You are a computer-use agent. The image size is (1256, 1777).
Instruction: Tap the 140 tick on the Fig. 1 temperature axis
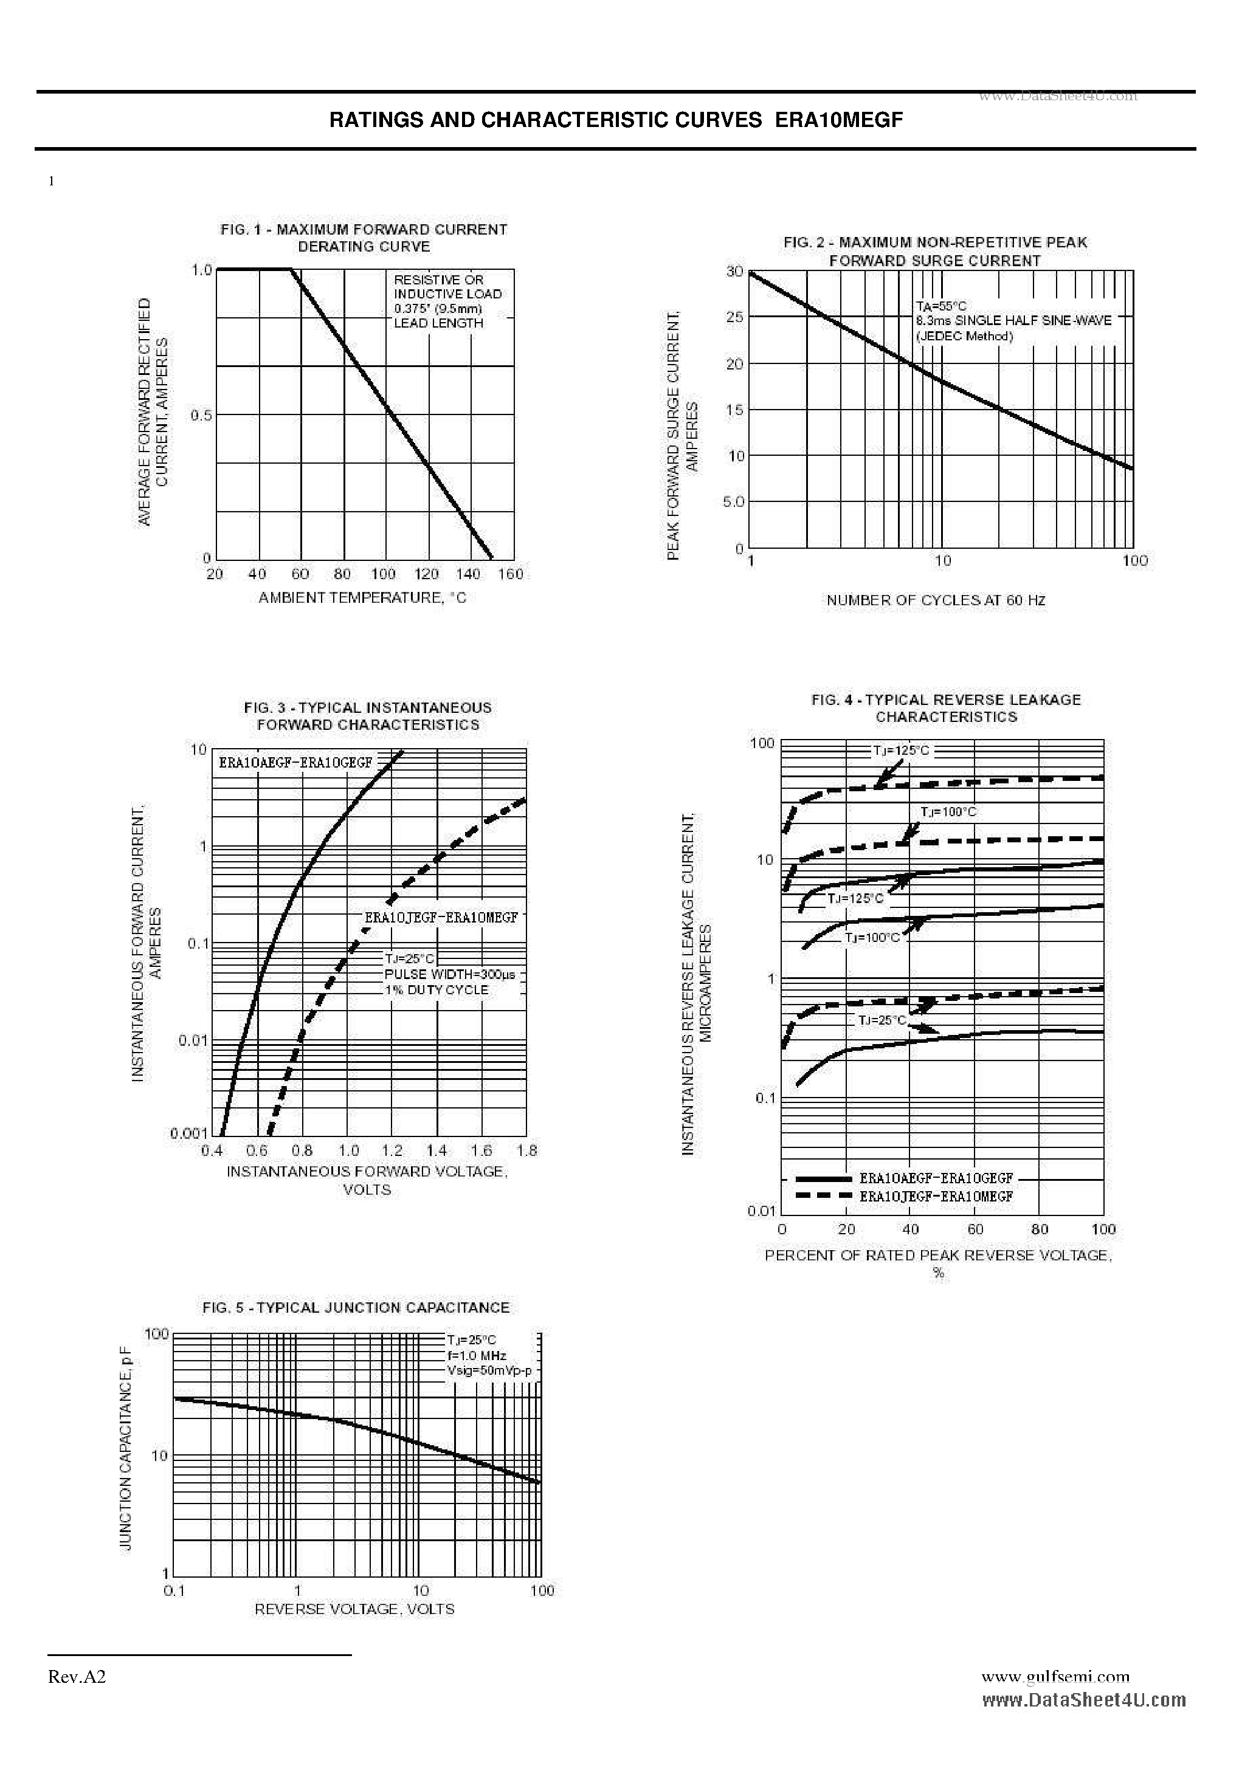pyautogui.click(x=468, y=574)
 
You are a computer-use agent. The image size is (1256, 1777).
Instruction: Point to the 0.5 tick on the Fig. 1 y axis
pyautogui.click(x=201, y=416)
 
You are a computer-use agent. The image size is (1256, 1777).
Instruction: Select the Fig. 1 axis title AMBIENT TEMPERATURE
pyautogui.click(x=362, y=597)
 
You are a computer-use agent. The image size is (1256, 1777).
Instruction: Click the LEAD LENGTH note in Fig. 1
pyautogui.click(x=438, y=323)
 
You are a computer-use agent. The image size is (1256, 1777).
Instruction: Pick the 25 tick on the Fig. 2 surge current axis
pyautogui.click(x=734, y=317)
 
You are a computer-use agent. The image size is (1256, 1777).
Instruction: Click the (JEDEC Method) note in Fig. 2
pyautogui.click(x=964, y=336)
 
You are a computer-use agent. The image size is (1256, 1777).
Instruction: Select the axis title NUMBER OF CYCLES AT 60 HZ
pyautogui.click(x=936, y=600)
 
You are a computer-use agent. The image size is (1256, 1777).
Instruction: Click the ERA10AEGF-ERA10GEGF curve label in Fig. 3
pyautogui.click(x=295, y=762)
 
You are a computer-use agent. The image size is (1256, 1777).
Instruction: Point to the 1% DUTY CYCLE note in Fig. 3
pyautogui.click(x=436, y=990)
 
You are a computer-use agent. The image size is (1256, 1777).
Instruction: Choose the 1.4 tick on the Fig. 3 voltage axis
pyautogui.click(x=436, y=1151)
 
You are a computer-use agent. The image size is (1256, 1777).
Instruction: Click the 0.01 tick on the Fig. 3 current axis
pyautogui.click(x=193, y=1040)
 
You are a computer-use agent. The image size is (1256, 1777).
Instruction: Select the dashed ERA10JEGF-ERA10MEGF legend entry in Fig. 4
pyautogui.click(x=936, y=1197)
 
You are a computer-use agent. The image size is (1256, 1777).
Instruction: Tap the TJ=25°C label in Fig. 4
pyautogui.click(x=882, y=1021)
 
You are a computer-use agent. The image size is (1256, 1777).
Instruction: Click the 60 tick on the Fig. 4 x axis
pyautogui.click(x=975, y=1229)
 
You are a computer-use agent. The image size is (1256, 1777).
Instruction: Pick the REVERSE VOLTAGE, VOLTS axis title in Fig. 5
pyautogui.click(x=354, y=1609)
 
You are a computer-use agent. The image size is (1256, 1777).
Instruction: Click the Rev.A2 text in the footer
pyautogui.click(x=77, y=1676)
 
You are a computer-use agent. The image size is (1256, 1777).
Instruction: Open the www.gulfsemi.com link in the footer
pyautogui.click(x=1055, y=1676)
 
